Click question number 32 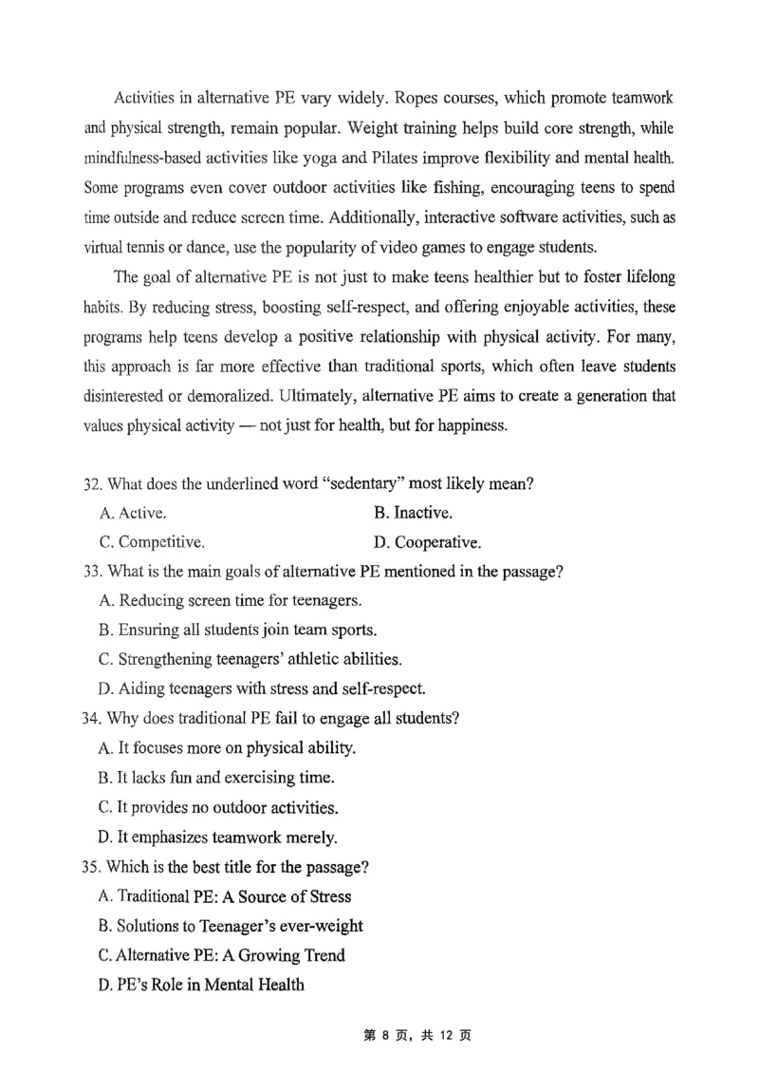93,483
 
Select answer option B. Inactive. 413,513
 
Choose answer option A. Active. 133,513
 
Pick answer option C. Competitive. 151,543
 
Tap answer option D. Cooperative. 427,543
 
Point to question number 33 93,572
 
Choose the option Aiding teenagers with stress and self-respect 262,688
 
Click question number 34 93,718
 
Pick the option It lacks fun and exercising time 216,778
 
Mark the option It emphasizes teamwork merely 217,837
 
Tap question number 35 93,866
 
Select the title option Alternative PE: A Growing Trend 221,955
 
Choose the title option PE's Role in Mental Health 201,985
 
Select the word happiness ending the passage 472,425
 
